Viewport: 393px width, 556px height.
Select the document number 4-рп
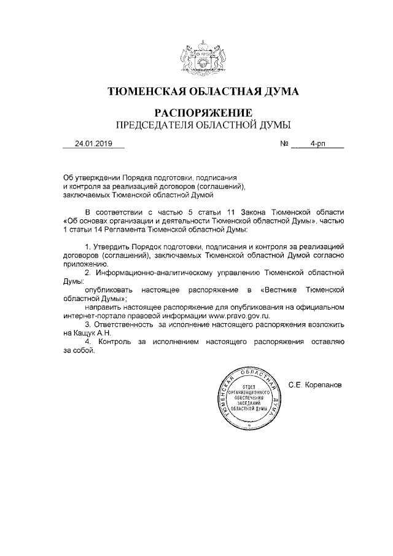[x=318, y=144]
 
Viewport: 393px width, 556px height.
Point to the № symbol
[x=284, y=144]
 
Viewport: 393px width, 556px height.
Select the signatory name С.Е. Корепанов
[x=314, y=385]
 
